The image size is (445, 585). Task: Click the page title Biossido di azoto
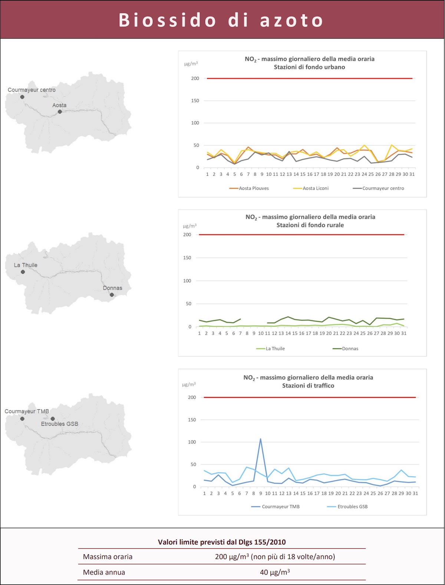coord(221,20)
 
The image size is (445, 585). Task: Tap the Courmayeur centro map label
coord(32,90)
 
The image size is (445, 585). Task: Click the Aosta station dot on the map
coord(60,111)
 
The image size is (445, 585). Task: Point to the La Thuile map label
coord(26,265)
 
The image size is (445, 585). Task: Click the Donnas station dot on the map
coord(112,295)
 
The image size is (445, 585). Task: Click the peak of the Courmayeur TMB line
coord(260,439)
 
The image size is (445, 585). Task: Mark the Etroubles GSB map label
coord(59,424)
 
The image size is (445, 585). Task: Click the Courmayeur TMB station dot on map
coord(22,419)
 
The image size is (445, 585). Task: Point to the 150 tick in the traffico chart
coord(192,420)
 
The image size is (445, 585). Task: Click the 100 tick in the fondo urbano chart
coord(195,123)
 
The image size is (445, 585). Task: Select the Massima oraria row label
coord(108,556)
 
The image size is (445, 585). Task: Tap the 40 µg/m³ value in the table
coord(275,572)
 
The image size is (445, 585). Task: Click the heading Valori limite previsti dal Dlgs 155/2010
coord(222,542)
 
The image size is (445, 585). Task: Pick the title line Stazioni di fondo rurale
coord(310,225)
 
